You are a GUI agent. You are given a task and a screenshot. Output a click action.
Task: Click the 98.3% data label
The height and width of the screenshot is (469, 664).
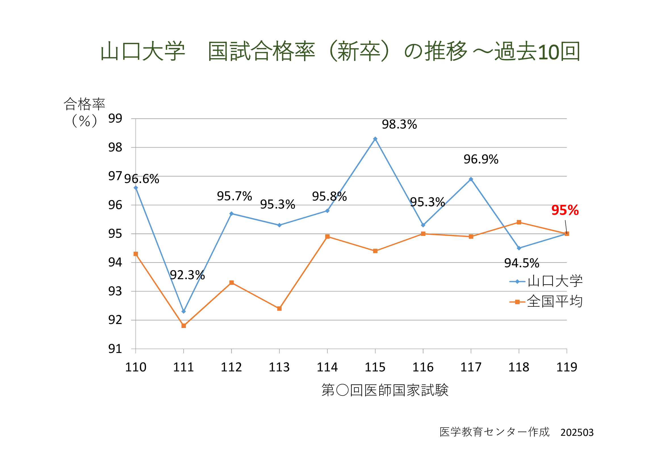click(x=399, y=125)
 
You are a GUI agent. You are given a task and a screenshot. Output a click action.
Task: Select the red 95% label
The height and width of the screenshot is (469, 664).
click(x=565, y=210)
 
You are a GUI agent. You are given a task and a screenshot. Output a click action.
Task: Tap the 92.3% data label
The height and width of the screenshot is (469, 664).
click(x=187, y=275)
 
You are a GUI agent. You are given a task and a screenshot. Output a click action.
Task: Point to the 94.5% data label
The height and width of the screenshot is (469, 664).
click(x=522, y=263)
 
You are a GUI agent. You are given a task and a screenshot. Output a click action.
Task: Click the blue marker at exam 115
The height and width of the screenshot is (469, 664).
click(x=375, y=139)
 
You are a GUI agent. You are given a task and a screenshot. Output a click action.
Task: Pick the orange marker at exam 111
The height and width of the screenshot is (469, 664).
click(x=184, y=326)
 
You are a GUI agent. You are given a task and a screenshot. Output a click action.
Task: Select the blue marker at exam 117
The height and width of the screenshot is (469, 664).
click(x=471, y=179)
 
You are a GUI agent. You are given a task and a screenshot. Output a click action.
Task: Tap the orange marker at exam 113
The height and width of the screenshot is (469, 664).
click(x=279, y=309)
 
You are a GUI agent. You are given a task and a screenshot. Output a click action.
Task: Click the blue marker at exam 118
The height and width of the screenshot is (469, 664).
click(x=519, y=248)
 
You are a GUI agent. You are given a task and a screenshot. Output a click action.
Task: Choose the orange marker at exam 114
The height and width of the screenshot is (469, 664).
click(x=327, y=237)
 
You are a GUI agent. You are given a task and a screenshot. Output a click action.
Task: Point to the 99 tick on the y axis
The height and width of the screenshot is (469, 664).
click(x=115, y=119)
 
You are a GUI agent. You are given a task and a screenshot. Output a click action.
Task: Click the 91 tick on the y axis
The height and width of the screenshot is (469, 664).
click(x=115, y=349)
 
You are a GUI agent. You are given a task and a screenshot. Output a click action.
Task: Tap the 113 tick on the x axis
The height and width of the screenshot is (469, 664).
click(x=279, y=367)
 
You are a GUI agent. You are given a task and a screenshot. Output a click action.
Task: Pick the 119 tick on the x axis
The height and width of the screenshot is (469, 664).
click(x=567, y=367)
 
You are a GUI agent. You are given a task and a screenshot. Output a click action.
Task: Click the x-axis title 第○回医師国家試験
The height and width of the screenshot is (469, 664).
click(x=385, y=390)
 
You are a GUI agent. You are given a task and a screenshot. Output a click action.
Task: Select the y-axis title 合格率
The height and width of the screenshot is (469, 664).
click(x=84, y=104)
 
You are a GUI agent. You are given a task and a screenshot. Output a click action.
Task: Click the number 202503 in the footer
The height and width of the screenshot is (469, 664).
click(x=577, y=433)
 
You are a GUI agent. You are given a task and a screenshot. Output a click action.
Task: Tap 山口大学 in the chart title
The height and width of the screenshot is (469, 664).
click(x=142, y=51)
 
